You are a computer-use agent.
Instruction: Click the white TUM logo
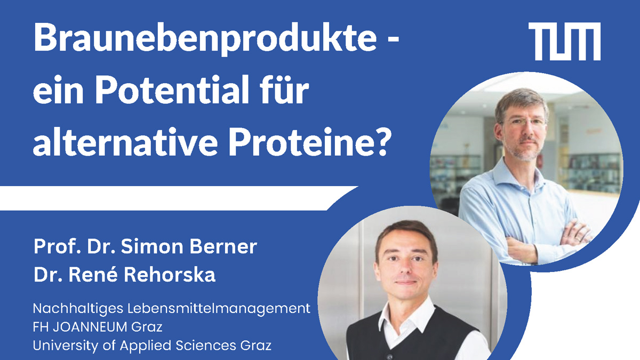click(x=564, y=42)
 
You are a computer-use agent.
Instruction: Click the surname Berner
click(x=223, y=246)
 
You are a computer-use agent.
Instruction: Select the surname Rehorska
click(x=170, y=275)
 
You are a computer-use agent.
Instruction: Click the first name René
click(x=93, y=275)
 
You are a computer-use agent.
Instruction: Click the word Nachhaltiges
click(x=78, y=309)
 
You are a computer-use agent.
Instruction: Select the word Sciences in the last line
click(x=206, y=346)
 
